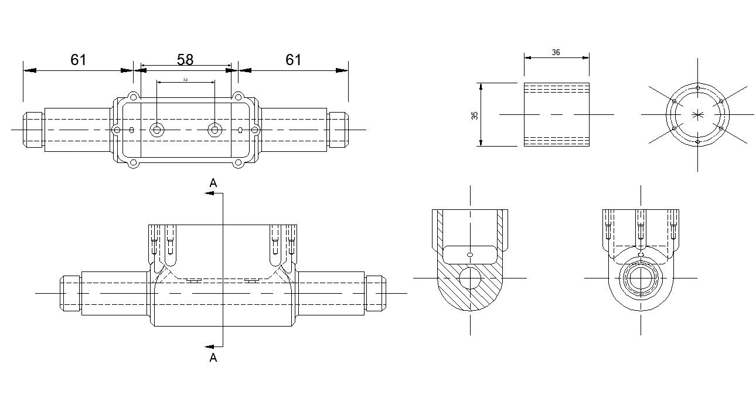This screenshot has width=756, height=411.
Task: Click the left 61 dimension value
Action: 79,60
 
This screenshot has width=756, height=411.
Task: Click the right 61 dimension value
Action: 294,60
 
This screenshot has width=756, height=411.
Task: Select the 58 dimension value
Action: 185,60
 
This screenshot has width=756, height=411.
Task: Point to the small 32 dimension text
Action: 185,79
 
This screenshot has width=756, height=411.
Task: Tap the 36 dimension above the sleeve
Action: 556,52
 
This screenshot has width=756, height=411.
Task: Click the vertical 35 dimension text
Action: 475,115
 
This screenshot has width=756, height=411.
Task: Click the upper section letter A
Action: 213,184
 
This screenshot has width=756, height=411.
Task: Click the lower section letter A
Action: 213,358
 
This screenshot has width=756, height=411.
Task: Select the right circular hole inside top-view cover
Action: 215,130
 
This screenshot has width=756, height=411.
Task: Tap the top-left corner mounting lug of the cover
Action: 134,96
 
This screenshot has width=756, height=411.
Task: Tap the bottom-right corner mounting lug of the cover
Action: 238,163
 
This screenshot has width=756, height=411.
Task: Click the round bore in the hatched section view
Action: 471,278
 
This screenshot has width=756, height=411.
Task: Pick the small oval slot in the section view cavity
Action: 469,254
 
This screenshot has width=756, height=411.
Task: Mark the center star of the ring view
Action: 697,114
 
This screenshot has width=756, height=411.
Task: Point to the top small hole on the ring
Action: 697,88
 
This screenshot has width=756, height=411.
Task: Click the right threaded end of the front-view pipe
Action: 376,293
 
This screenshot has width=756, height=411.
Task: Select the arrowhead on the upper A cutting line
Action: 209,193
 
